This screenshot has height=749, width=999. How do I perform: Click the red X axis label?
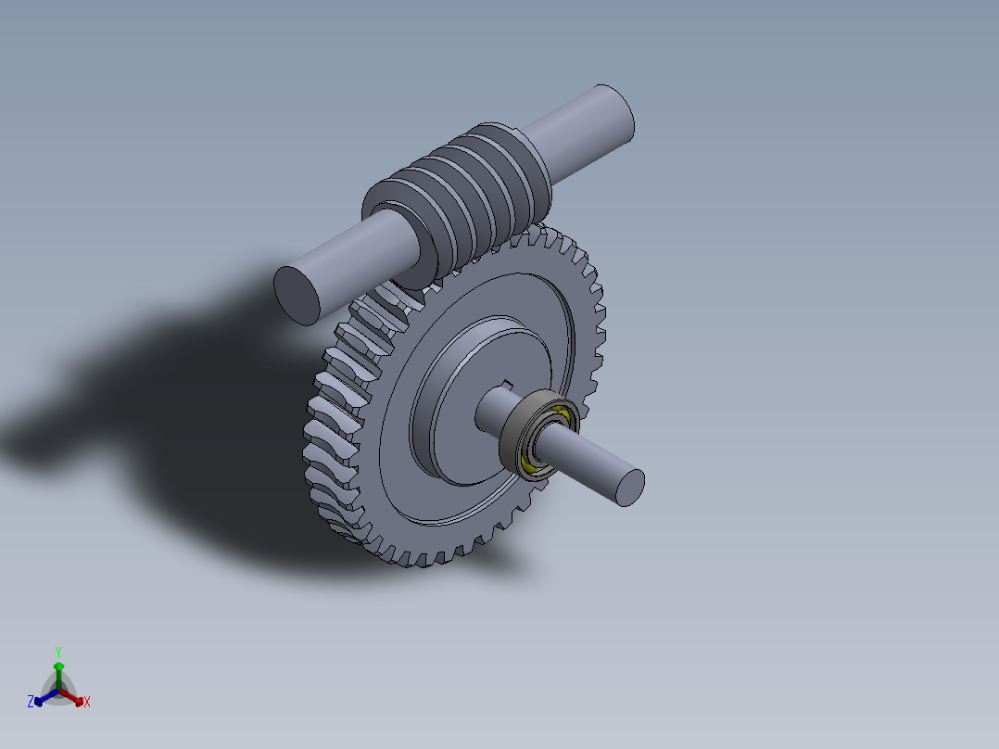(87, 703)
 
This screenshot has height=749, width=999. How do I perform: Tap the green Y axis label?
(58, 651)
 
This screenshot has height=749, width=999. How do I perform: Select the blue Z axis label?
(31, 703)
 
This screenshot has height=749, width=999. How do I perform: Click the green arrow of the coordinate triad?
(58, 668)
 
